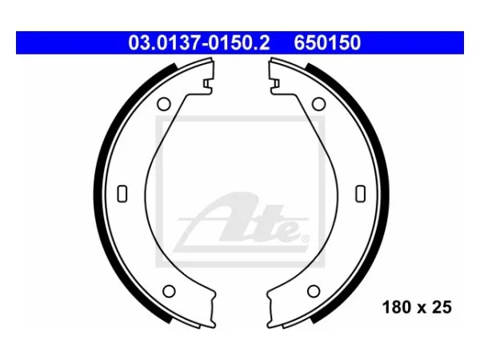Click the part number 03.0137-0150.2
[x=199, y=42]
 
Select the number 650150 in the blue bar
[x=327, y=42]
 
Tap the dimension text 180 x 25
[x=417, y=307]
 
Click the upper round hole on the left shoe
[x=164, y=104]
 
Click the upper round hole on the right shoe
[x=318, y=104]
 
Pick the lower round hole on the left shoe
[x=169, y=291]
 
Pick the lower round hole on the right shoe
[x=314, y=291]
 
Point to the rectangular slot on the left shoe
[x=122, y=194]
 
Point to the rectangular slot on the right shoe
[x=360, y=194]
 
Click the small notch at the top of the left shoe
[x=207, y=83]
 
